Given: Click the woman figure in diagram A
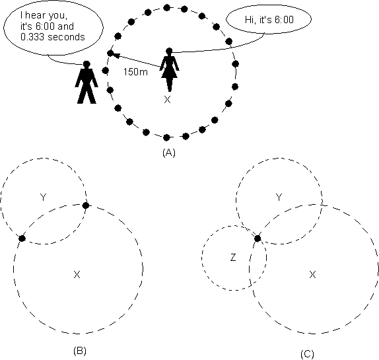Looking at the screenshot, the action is [x=169, y=70].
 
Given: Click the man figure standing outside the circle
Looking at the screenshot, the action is [x=86, y=83].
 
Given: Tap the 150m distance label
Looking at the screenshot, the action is [x=135, y=72].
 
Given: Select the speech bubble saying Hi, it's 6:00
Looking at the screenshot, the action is [x=269, y=19].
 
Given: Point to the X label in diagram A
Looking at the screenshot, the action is [x=167, y=99].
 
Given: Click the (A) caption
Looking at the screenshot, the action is [x=169, y=153].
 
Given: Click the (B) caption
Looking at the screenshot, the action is [x=80, y=350].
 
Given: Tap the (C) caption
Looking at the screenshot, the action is [x=307, y=354].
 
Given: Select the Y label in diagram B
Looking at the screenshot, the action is [x=43, y=198].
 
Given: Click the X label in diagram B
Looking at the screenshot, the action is [x=77, y=274].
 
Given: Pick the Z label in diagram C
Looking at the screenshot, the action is [x=233, y=258].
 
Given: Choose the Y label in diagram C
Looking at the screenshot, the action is [x=279, y=198].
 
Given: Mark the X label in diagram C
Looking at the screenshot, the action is [x=312, y=274].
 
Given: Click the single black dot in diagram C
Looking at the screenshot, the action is [x=258, y=238].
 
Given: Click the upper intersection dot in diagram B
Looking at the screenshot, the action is [x=86, y=205].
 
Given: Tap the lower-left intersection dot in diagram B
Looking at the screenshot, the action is [x=22, y=238].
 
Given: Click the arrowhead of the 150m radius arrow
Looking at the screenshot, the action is [x=116, y=55].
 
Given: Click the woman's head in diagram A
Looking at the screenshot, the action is [x=169, y=51].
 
